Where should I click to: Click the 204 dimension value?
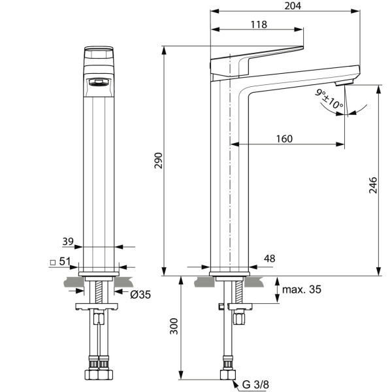(x=293, y=5)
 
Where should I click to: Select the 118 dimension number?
(x=259, y=24)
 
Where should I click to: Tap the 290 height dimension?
(x=158, y=161)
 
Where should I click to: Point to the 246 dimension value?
(x=373, y=185)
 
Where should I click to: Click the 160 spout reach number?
(x=284, y=139)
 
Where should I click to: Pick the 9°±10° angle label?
(x=329, y=99)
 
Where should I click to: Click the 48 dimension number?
(x=269, y=259)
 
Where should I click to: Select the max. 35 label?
(x=301, y=289)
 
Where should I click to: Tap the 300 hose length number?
(x=174, y=326)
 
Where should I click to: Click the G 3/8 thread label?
(x=255, y=385)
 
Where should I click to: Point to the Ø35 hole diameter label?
(x=140, y=295)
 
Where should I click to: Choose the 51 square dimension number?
(x=65, y=261)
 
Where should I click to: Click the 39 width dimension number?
(x=68, y=242)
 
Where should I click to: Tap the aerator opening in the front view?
(x=99, y=82)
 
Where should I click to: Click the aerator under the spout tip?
(x=344, y=82)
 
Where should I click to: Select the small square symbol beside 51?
(x=52, y=263)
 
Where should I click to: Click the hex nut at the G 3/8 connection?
(x=228, y=375)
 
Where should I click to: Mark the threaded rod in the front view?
(x=99, y=292)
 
